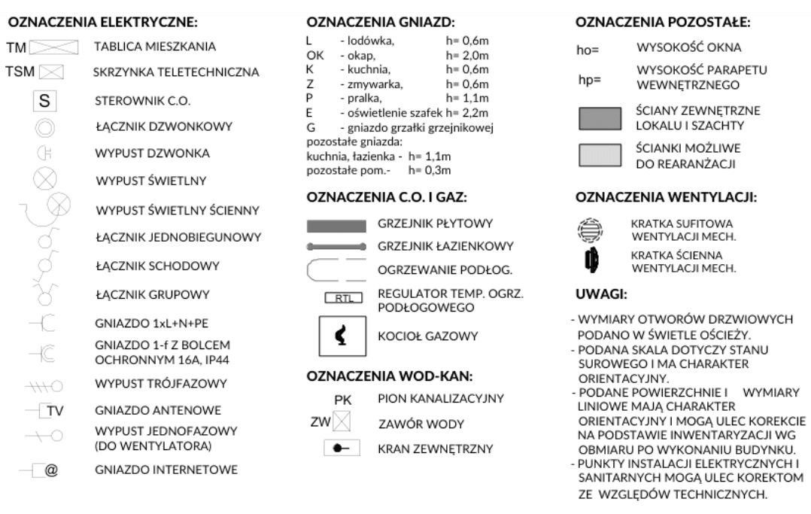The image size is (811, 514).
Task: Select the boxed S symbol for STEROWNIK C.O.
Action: click(x=44, y=100)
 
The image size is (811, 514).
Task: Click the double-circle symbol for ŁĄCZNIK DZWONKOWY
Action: click(x=43, y=127)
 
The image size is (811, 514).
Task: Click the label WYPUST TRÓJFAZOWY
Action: click(x=160, y=384)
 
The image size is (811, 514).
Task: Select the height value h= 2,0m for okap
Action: click(x=467, y=56)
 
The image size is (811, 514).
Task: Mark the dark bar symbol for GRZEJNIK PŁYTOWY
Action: click(x=336, y=225)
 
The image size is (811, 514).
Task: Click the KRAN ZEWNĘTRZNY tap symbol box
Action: click(x=343, y=449)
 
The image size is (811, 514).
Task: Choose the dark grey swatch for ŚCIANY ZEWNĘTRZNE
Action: click(x=600, y=118)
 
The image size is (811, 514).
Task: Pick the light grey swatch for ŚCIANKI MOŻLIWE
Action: click(x=600, y=155)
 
